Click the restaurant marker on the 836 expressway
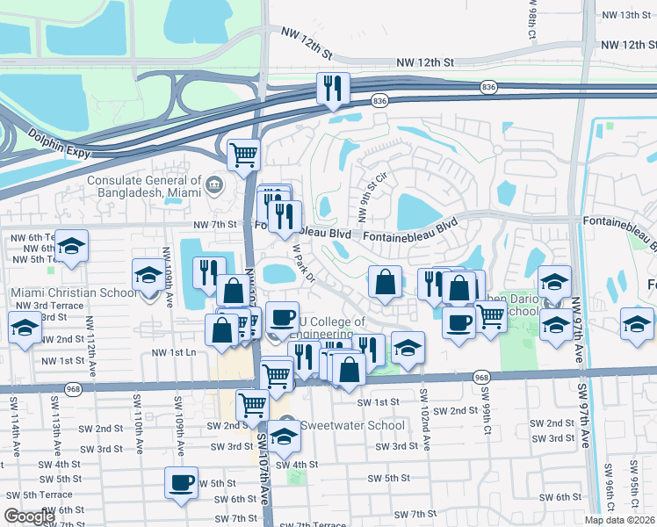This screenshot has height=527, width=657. point(333,89)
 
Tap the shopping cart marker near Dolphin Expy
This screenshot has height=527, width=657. point(244,156)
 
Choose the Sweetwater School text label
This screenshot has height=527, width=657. point(353,425)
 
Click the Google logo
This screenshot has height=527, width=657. point(29,516)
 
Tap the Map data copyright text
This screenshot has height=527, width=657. point(620,520)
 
